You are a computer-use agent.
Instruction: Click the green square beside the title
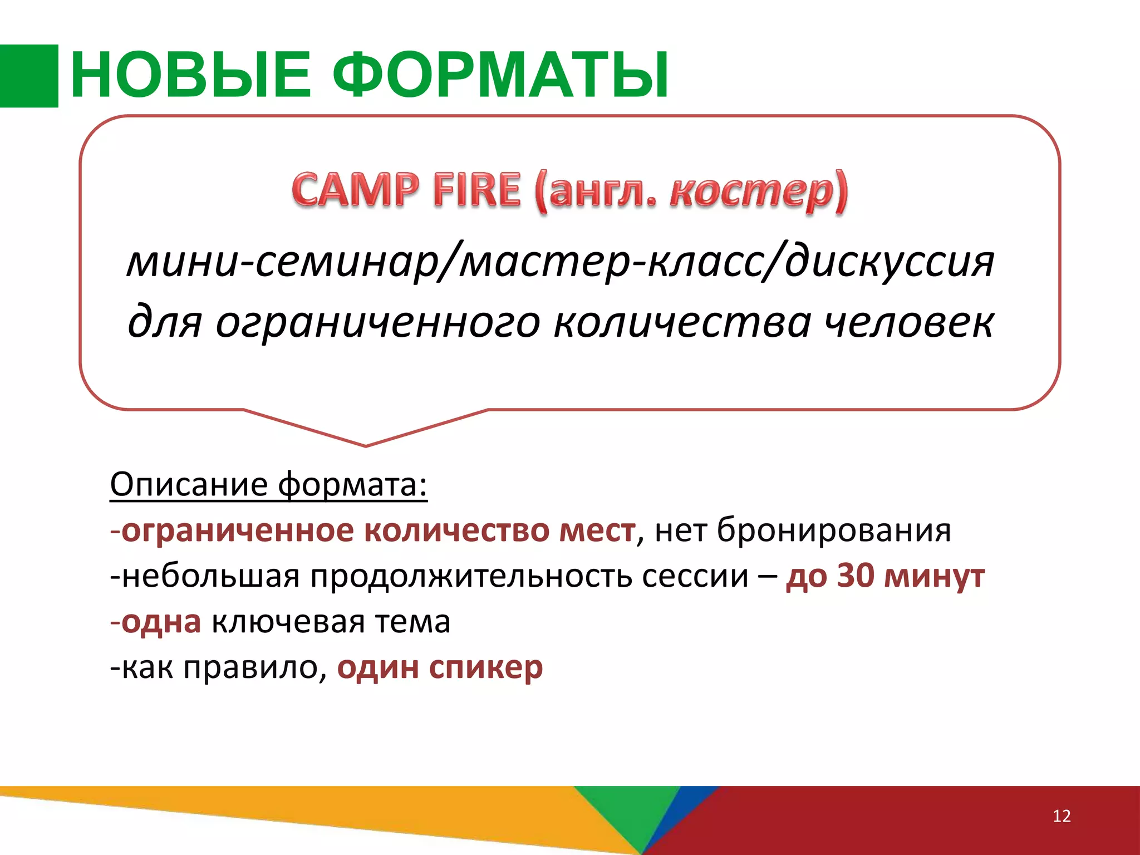tap(28, 76)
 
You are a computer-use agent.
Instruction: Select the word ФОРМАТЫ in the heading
tap(501, 76)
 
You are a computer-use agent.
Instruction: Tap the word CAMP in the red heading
tap(355, 190)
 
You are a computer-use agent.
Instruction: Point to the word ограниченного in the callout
tap(377, 323)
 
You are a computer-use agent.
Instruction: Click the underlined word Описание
tap(189, 484)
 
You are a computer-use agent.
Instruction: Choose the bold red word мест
tap(597, 530)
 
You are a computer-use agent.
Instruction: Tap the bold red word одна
tap(161, 622)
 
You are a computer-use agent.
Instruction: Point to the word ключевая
tap(288, 622)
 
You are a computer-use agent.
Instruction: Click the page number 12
tap(1062, 816)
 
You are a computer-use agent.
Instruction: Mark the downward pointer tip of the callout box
tap(366, 445)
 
